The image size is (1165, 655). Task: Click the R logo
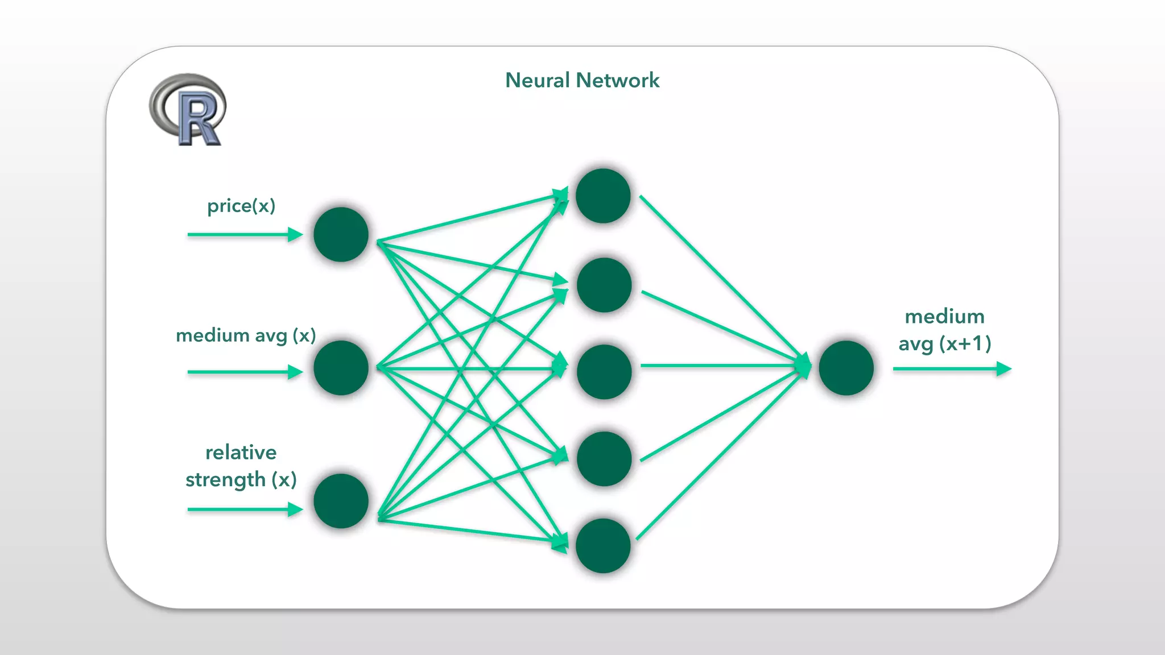tap(188, 110)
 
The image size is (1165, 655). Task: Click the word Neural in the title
tap(538, 80)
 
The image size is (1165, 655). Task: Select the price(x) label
tap(241, 206)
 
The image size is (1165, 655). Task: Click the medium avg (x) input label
tap(246, 335)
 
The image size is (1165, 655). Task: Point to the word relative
tap(241, 453)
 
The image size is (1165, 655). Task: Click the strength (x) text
tap(241, 480)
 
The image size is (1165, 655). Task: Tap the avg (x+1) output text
tap(945, 344)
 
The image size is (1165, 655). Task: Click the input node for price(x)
tap(341, 234)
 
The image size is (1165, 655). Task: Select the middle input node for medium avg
tap(341, 368)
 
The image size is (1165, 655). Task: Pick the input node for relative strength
tap(341, 501)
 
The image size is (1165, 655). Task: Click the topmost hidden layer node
tap(603, 196)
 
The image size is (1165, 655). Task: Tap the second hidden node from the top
tap(604, 285)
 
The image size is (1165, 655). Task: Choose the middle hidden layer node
tap(604, 372)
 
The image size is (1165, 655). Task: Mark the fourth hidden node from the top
tap(604, 459)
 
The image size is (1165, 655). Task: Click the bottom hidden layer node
tap(603, 546)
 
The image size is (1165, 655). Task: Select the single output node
tap(846, 368)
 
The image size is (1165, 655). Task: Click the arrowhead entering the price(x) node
tap(295, 234)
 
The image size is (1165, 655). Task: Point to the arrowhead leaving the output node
tap(1004, 369)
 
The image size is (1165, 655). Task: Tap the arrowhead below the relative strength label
tap(295, 509)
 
